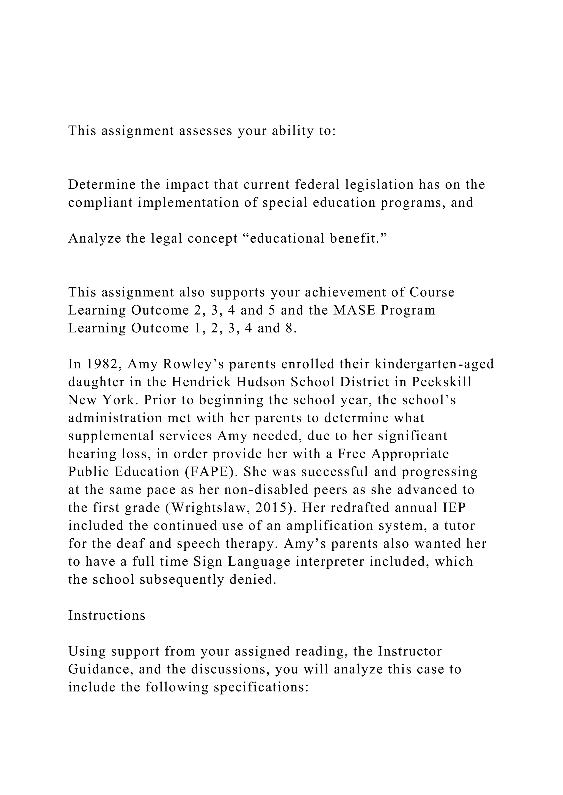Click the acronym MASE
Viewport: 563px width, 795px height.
tap(354, 310)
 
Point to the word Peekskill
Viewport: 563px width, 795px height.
tap(442, 382)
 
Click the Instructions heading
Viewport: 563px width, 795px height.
tap(107, 615)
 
